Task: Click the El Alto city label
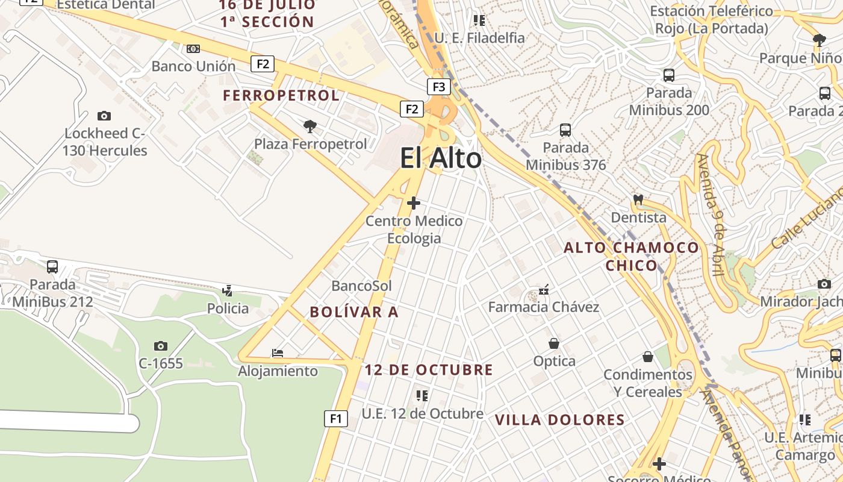[x=441, y=158]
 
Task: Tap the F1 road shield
[x=336, y=418]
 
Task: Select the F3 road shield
[x=439, y=87]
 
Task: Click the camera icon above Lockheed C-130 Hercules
[x=104, y=116]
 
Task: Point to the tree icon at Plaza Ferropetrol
[x=310, y=127]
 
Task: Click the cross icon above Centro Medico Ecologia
[x=414, y=203]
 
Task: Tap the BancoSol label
[x=361, y=286]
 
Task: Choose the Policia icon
[x=227, y=291]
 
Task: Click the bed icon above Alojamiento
[x=278, y=353]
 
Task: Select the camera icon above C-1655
[x=160, y=346]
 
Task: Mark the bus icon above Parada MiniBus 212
[x=52, y=266]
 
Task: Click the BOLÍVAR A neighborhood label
[x=354, y=312]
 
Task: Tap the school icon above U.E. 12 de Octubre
[x=422, y=396]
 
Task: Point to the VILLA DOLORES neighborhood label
[x=559, y=420]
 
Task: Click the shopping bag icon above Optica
[x=554, y=343]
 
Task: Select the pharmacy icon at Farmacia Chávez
[x=544, y=290]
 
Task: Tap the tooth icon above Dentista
[x=638, y=199]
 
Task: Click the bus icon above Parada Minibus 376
[x=565, y=130]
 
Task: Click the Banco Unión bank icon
[x=193, y=49]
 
